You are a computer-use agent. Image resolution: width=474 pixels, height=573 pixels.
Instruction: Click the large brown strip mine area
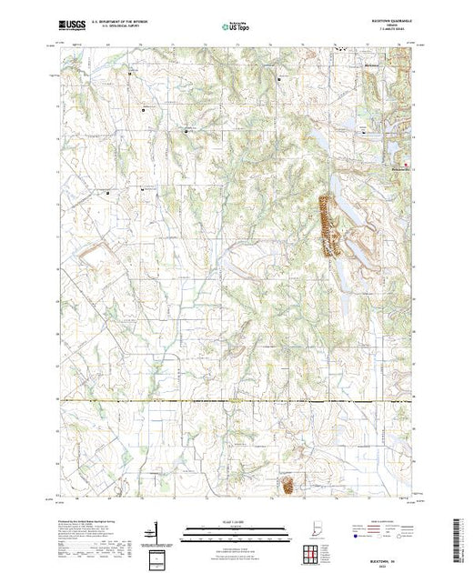(x=325, y=222)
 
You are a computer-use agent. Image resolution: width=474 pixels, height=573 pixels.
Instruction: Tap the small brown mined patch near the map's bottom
(x=287, y=488)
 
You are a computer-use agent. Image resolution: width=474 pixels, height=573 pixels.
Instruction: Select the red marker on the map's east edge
(x=407, y=165)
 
